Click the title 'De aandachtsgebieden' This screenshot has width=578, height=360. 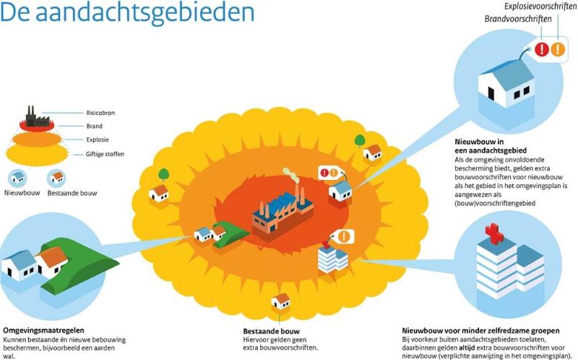click(127, 13)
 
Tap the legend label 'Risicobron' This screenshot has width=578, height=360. click(100, 113)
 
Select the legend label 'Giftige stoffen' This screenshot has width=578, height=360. click(105, 154)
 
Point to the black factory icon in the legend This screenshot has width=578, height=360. click(37, 116)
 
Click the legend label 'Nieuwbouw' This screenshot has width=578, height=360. click(22, 193)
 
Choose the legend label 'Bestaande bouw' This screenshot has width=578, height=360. click(72, 193)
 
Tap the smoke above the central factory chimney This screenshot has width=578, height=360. click(291, 175)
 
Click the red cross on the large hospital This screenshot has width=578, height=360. click(494, 233)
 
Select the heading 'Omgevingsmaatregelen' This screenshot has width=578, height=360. click(43, 330)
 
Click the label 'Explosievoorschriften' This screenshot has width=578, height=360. click(540, 7)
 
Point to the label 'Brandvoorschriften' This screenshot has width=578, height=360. click(518, 19)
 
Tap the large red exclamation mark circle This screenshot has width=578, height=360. click(542, 49)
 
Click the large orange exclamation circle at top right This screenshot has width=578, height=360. click(558, 49)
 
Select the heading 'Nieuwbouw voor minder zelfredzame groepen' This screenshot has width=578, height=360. click(480, 331)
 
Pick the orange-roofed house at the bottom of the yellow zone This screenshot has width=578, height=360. click(281, 301)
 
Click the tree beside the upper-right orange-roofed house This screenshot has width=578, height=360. click(360, 141)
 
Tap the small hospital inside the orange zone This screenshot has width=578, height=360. click(333, 259)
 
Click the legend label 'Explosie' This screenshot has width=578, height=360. click(98, 140)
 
